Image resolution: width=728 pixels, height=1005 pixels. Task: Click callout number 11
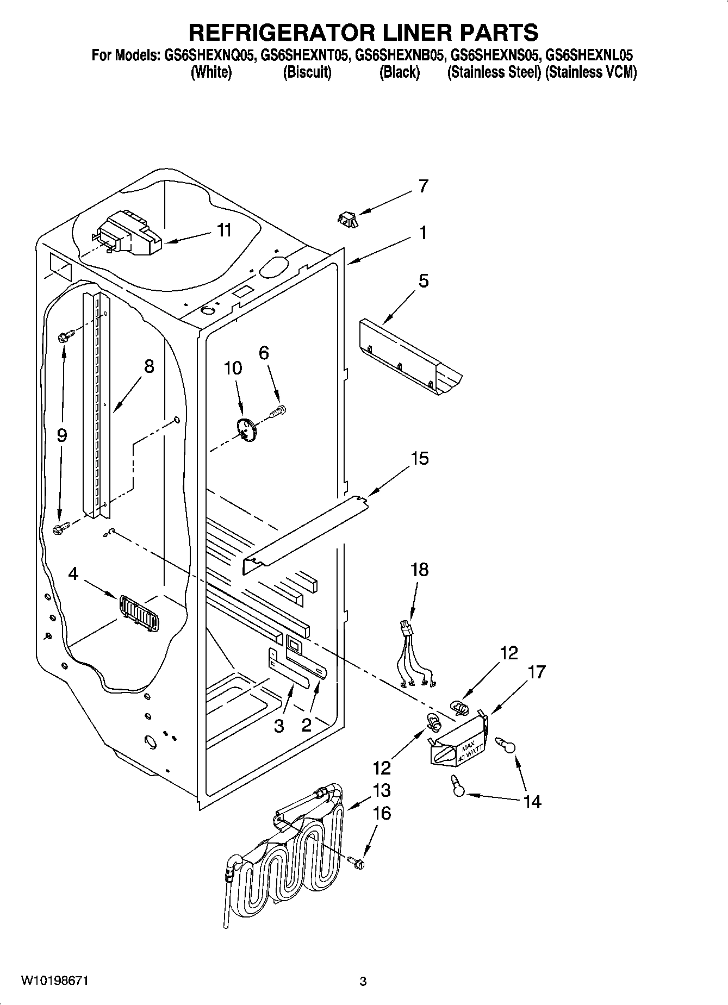224,230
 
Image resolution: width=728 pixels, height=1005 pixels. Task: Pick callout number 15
420,458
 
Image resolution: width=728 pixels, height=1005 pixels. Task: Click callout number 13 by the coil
381,790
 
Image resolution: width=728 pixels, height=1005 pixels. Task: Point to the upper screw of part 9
64,337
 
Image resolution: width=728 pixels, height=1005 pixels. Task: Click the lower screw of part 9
61,527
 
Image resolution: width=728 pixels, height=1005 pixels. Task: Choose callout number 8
148,366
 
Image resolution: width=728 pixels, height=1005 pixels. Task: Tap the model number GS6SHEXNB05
398,55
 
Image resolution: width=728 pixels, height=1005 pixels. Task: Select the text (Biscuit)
307,72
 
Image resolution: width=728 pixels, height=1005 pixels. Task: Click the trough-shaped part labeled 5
410,356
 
